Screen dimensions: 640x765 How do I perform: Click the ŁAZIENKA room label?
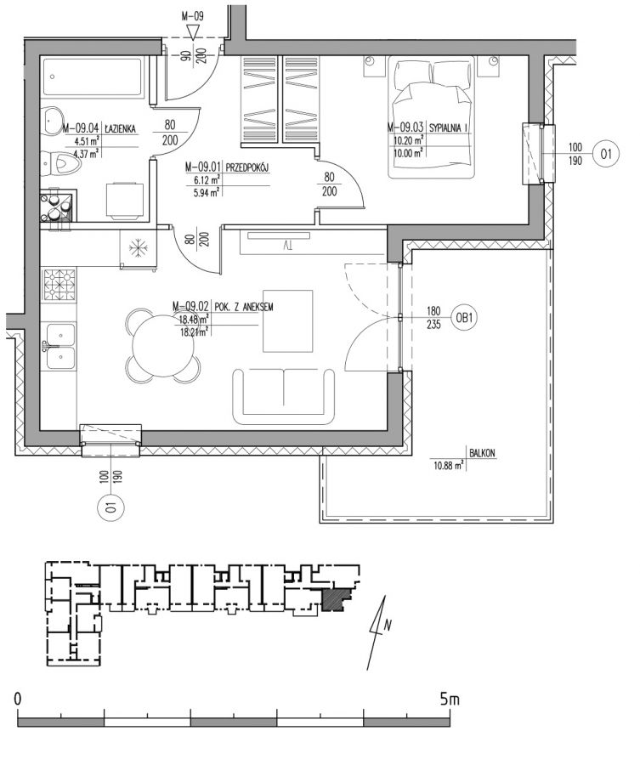[x=120, y=129]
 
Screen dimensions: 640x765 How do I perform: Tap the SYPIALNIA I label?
[x=449, y=127]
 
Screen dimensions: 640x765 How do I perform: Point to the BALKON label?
[x=482, y=453]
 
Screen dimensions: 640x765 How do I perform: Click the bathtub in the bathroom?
[x=93, y=77]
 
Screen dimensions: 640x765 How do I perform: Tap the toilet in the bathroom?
[x=61, y=161]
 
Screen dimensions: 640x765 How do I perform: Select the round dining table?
[x=163, y=345]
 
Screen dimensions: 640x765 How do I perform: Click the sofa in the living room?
[x=283, y=396]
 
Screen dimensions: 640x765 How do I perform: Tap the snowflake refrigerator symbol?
[x=138, y=248]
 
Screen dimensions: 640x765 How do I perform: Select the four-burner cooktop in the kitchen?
[x=59, y=286]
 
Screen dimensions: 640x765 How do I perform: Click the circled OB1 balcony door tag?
[x=464, y=318]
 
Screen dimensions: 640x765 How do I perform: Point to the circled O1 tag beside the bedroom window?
[x=606, y=154]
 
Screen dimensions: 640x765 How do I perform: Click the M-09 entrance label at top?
[x=192, y=16]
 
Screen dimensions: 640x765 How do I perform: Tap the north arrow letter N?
[x=388, y=625]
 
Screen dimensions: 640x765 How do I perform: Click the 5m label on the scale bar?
[x=450, y=700]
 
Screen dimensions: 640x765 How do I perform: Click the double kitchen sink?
[x=59, y=347]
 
